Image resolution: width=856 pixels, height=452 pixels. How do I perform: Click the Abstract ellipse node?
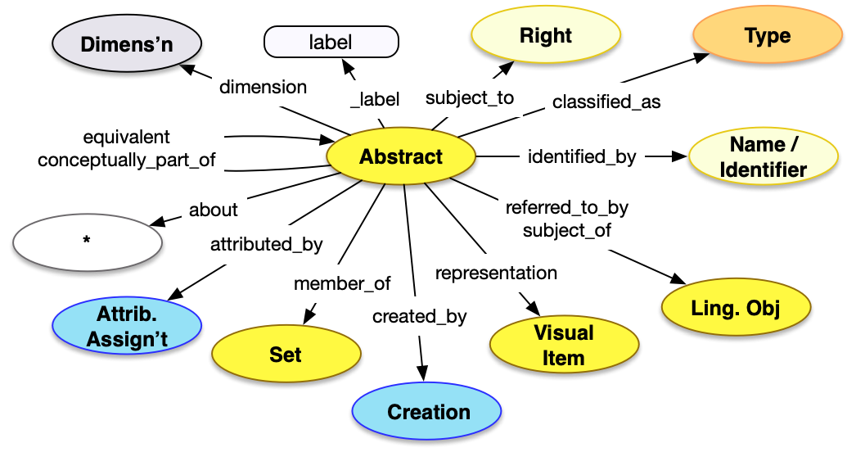[401, 157]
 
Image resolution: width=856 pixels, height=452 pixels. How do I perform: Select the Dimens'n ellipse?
[126, 44]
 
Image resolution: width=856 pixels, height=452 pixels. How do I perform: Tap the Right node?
[545, 37]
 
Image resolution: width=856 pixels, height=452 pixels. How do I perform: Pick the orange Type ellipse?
[767, 37]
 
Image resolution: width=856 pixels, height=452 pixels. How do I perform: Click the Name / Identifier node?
[764, 157]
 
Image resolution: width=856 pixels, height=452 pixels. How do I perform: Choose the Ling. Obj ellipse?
[735, 308]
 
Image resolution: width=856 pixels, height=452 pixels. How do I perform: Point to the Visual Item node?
[563, 345]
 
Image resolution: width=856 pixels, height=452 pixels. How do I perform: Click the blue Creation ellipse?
[428, 412]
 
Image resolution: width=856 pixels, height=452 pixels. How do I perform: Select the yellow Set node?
[286, 355]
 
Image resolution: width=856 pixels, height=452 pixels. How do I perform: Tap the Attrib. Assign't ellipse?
[127, 328]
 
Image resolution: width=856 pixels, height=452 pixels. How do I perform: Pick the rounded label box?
[331, 42]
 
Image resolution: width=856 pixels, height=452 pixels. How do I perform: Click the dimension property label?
[264, 87]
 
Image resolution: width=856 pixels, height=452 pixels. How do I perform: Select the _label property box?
[375, 100]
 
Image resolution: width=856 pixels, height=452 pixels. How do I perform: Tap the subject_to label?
[470, 98]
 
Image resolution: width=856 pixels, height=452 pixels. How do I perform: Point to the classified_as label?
[606, 103]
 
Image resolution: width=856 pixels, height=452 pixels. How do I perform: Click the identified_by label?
[582, 156]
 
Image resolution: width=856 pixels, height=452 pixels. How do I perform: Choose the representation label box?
[496, 273]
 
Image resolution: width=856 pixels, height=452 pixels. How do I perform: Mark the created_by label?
[419, 316]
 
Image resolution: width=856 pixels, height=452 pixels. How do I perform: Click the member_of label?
[342, 284]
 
